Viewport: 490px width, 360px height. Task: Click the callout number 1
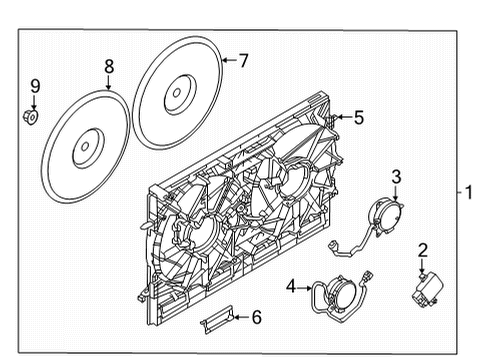point(466,191)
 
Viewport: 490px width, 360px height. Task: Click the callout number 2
point(423,250)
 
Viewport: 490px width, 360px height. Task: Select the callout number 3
point(396,178)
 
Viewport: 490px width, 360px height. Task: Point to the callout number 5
point(359,117)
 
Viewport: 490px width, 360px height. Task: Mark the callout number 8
point(108,67)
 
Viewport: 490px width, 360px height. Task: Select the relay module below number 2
point(423,286)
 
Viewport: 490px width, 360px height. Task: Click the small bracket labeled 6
point(220,321)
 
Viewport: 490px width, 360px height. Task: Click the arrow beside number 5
point(340,117)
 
